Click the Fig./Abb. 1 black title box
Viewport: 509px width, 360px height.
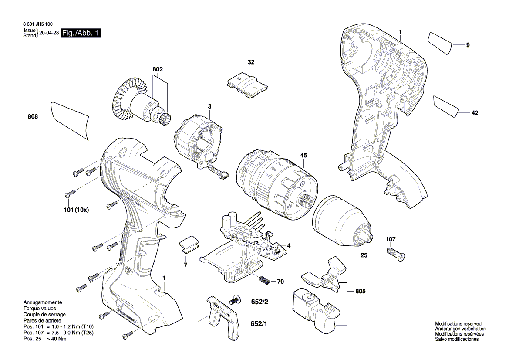(x=81, y=33)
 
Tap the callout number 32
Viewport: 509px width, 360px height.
(x=251, y=62)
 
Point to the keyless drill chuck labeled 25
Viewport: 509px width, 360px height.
(x=344, y=220)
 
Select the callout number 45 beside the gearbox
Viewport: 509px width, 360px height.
(x=303, y=155)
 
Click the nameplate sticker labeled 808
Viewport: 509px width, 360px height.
(x=71, y=120)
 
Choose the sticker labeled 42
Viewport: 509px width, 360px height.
(x=447, y=106)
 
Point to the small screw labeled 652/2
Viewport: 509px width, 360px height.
(x=234, y=300)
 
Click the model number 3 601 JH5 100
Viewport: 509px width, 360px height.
(x=37, y=26)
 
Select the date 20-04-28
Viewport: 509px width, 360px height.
(x=49, y=33)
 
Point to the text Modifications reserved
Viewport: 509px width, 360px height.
(x=458, y=324)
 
